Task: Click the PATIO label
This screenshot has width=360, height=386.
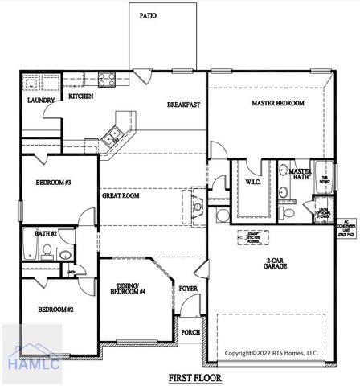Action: pos(148,14)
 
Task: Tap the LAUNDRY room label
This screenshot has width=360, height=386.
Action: pos(39,101)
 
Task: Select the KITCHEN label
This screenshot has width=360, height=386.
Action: pos(80,96)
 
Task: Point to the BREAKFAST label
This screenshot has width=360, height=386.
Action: pos(183,105)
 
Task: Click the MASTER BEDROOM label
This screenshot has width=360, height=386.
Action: pos(277,103)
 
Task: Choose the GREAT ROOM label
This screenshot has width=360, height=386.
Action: pos(121,195)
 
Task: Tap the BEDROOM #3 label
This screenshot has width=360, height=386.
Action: pos(54,183)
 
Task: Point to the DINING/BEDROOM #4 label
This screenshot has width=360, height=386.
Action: pos(131,289)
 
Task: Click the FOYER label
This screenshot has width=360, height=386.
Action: pos(187,288)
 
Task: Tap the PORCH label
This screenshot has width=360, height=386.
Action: pos(190,332)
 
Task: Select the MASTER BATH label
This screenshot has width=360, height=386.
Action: pos(300,175)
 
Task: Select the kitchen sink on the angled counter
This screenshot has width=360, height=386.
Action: pos(114,134)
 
